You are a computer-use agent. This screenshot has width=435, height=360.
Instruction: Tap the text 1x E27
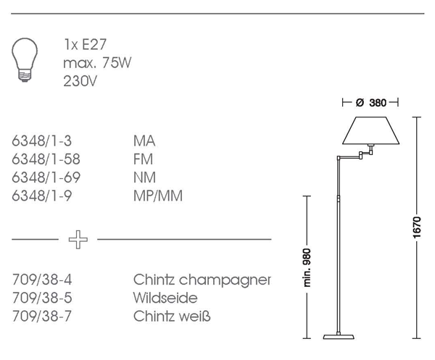click(86, 46)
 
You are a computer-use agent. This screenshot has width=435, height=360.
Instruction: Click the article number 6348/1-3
click(43, 141)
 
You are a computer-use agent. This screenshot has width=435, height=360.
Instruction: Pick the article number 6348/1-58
click(46, 159)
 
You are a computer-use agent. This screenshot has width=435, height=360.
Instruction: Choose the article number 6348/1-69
click(46, 177)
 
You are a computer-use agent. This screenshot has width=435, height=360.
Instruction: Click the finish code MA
click(144, 141)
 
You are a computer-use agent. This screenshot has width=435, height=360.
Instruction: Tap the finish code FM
click(144, 159)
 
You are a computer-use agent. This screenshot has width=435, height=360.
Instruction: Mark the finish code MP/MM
click(157, 196)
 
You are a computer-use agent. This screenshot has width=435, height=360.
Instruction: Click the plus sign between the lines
click(76, 239)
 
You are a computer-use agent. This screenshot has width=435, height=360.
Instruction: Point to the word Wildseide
click(165, 298)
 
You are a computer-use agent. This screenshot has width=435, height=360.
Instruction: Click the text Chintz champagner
click(202, 280)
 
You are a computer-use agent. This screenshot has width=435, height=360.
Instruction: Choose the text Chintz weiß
click(172, 317)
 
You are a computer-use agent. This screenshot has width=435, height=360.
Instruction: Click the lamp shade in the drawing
click(370, 131)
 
